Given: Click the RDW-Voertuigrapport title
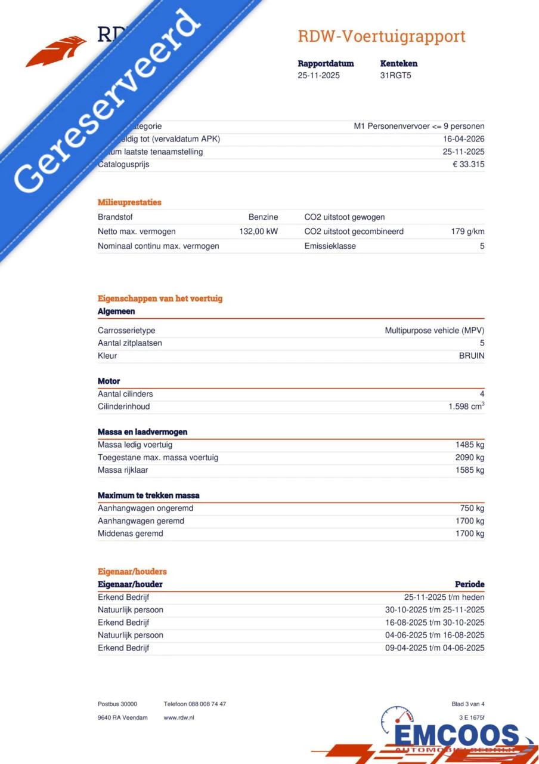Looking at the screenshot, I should click(382, 36).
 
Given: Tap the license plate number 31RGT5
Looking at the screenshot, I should click(396, 76).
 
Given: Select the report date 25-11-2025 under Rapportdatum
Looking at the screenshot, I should click(319, 76).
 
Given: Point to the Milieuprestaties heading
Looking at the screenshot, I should click(129, 202).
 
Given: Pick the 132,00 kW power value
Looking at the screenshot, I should click(258, 232).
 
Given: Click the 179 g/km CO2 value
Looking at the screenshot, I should click(467, 232).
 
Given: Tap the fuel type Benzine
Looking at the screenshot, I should click(263, 217).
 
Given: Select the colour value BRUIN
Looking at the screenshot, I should click(471, 356).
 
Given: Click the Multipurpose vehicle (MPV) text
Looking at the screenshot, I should click(434, 331).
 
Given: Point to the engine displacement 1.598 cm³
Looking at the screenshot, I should click(466, 406).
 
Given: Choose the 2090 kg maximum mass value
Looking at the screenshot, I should click(469, 458).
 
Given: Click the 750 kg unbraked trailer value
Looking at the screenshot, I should click(472, 509).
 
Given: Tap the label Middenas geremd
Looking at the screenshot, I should click(130, 534).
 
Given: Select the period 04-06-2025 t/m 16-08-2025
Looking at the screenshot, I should click(435, 635).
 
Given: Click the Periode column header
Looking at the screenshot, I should click(469, 584).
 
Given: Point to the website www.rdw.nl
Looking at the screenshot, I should click(179, 717).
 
